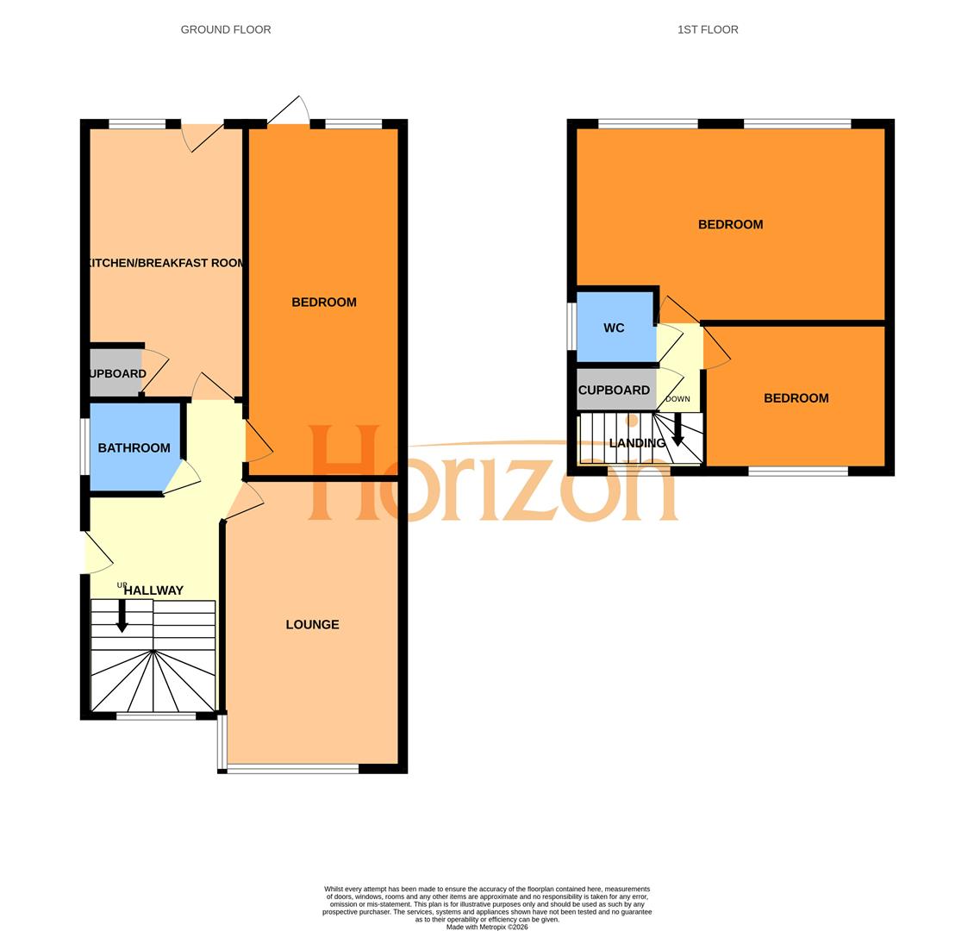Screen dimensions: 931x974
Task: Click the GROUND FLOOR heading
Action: coord(226,29)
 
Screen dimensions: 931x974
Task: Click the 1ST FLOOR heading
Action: coord(708,29)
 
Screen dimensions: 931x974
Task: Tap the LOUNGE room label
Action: coord(312,624)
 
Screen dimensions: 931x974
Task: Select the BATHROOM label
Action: coord(134,447)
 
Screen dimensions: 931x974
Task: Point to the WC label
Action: coord(614,328)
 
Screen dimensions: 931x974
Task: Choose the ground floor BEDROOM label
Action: coord(324,302)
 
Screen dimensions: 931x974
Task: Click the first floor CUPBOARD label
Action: coord(614,390)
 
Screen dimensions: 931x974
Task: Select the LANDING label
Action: coord(637,443)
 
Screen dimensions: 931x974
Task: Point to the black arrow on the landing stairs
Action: coord(677,429)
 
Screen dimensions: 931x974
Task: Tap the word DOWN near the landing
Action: coord(677,399)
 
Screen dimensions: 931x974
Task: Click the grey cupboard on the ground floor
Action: coord(115,372)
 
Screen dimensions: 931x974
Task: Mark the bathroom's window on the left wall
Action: coord(85,447)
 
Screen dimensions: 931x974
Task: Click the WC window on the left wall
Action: coord(571,327)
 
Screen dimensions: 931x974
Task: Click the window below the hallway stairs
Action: coord(156,715)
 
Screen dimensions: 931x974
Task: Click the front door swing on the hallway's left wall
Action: coord(98,554)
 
